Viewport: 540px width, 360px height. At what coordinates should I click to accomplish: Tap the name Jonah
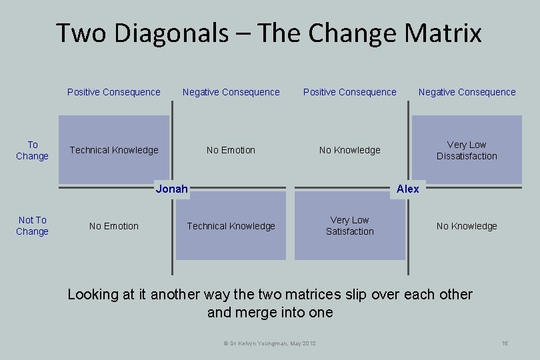point(171,189)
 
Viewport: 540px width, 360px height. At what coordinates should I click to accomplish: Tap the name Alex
point(407,189)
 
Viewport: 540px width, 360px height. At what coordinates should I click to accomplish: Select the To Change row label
point(32,150)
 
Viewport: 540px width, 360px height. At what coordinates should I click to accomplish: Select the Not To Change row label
point(32,225)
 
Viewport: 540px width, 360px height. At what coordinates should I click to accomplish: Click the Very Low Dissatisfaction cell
point(467,150)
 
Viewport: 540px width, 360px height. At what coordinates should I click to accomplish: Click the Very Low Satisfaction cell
point(349,225)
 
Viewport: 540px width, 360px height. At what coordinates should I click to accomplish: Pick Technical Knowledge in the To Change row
point(114,150)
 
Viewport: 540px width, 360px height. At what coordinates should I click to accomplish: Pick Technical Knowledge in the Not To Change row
point(231,226)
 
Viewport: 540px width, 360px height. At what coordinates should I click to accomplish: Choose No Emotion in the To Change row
point(231,150)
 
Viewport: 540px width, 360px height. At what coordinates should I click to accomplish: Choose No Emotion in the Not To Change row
point(114,226)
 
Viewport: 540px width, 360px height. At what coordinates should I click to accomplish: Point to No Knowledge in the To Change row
point(349,150)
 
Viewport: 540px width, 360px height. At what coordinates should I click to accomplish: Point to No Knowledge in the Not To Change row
point(467,226)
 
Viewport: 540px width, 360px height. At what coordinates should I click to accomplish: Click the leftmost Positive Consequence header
point(114,92)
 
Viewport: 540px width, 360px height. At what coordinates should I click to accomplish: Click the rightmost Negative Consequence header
point(467,92)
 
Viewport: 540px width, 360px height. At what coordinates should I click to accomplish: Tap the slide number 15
point(505,343)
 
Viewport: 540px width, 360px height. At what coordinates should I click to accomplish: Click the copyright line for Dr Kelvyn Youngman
point(269,343)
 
